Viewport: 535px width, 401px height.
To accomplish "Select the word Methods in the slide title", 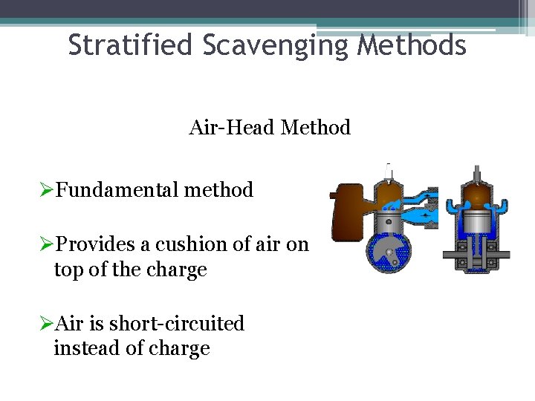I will [x=412, y=46].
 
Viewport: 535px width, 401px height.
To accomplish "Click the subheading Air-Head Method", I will [x=269, y=128].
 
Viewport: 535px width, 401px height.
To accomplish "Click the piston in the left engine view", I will [x=388, y=221].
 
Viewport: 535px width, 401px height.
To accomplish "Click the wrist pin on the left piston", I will [x=388, y=224].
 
